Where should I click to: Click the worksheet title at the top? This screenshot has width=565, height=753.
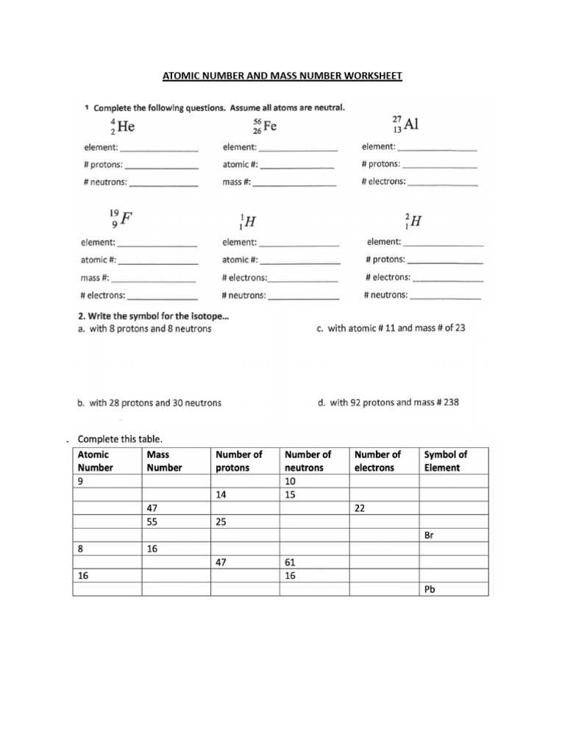coord(282,76)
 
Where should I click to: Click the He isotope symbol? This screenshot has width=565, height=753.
coord(123,126)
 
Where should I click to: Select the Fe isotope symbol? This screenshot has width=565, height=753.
coord(265,126)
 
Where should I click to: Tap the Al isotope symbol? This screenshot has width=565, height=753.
coord(405,124)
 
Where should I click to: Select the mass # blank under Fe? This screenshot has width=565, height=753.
coord(294,182)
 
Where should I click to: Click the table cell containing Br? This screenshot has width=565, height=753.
coord(454,535)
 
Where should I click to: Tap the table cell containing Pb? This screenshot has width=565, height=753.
coord(454,589)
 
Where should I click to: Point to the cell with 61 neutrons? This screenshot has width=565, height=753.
coord(314,562)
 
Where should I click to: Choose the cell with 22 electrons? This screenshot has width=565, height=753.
coord(383,508)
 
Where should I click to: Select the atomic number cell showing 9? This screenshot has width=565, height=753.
coord(107,481)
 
